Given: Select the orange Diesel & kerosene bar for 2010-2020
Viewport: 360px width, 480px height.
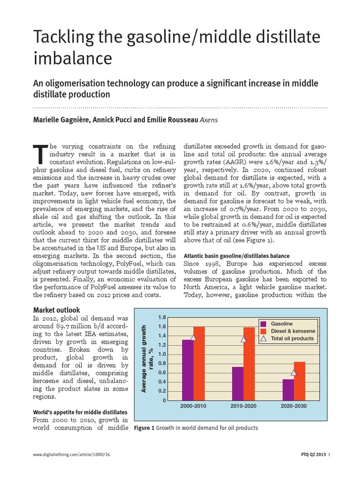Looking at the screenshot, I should [x=249, y=364].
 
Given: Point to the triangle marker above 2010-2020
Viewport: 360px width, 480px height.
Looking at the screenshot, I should [x=243, y=339].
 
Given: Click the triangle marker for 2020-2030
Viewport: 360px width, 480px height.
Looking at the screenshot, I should [x=294, y=373].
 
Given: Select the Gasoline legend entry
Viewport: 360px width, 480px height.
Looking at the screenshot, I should [x=282, y=324].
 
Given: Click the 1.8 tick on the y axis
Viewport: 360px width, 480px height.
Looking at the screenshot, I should [x=162, y=317].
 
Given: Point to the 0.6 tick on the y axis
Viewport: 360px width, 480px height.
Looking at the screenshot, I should [x=162, y=373].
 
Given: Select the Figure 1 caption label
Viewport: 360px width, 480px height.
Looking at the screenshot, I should [x=144, y=428].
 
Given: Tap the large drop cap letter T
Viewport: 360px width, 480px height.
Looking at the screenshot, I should [x=41, y=152].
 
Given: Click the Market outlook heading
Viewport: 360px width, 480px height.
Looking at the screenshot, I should [x=57, y=310].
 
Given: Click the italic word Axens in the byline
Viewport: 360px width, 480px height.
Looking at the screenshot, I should [x=210, y=120].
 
